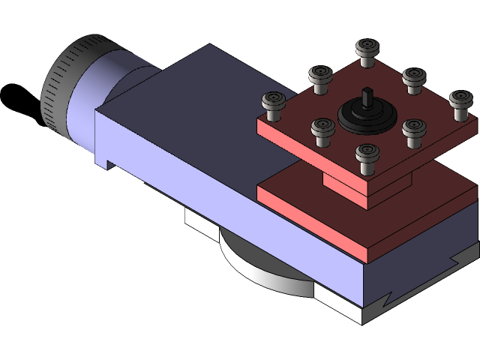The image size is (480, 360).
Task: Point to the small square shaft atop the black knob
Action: pos(367,97)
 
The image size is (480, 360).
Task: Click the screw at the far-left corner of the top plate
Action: pos(274,104)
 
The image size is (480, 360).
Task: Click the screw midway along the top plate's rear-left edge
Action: pos(320,78)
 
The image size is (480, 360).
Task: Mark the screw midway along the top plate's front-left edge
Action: pos(323,130)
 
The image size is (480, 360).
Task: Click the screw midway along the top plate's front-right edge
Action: pos(413,131)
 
